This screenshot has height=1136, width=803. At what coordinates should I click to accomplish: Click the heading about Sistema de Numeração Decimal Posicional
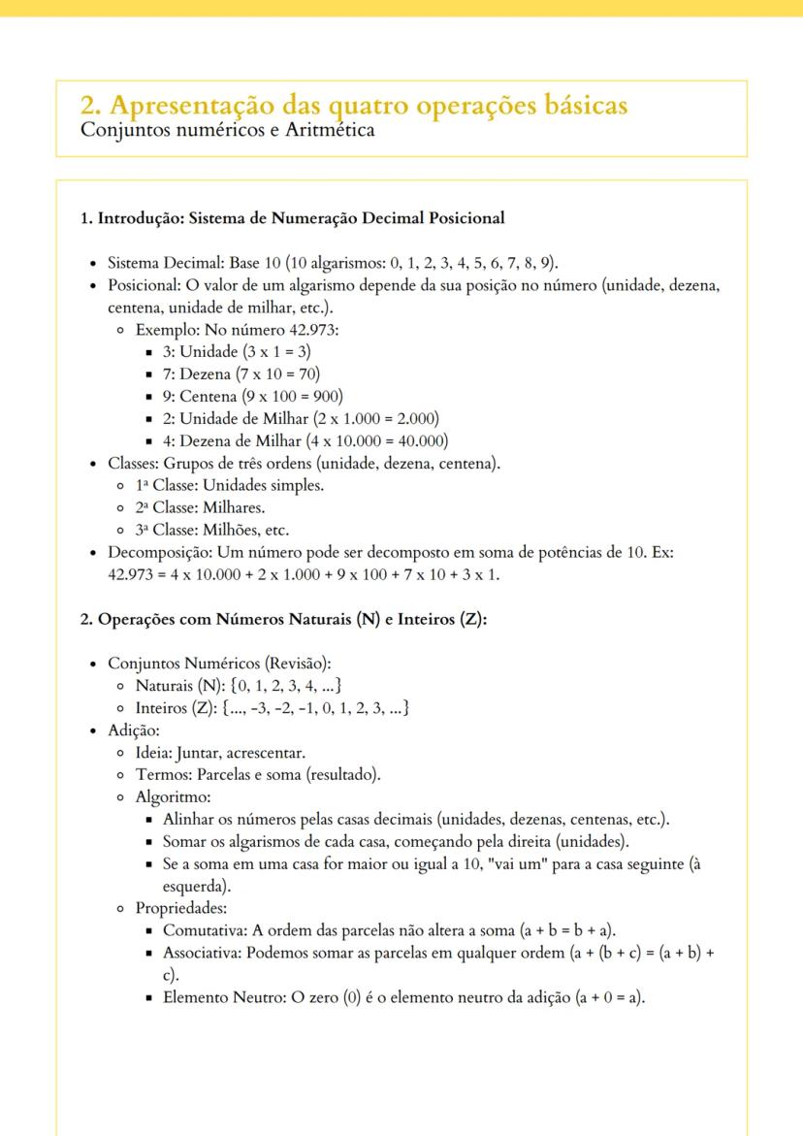point(291,217)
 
